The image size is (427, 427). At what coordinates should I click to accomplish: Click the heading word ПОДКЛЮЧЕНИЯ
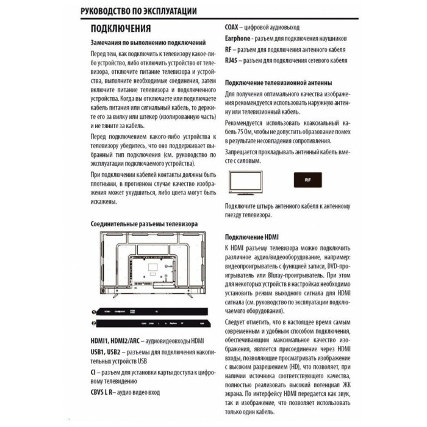coord(121,29)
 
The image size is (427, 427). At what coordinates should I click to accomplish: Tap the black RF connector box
coord(307,182)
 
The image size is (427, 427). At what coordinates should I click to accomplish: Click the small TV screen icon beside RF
coord(246,182)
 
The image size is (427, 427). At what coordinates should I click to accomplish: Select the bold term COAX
coord(231,27)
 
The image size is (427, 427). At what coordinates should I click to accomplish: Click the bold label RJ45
coord(231,61)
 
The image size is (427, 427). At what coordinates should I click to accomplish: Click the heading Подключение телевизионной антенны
coord(278,82)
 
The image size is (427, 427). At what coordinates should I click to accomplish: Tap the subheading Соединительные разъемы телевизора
coord(144,224)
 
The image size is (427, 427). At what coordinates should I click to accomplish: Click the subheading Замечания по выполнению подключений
coord(148,43)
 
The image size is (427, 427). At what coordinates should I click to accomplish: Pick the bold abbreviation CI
coord(93,371)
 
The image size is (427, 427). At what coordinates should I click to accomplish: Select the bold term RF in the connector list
coord(228,49)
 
